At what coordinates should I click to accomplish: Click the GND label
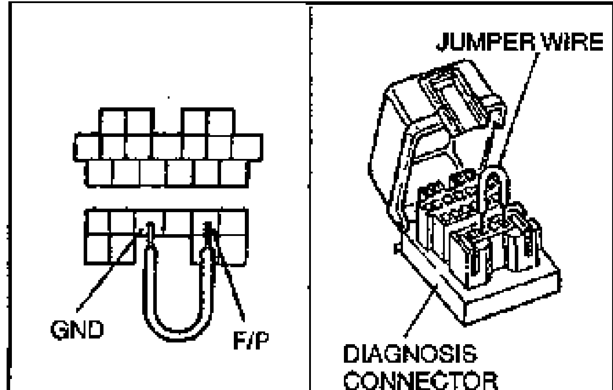tap(77, 330)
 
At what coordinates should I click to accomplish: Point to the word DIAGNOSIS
tap(410, 353)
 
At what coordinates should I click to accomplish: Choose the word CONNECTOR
tap(421, 380)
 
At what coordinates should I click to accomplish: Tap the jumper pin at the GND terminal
tap(150, 234)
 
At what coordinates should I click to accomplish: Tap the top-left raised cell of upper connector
tap(113, 122)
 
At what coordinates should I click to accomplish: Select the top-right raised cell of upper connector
tap(220, 122)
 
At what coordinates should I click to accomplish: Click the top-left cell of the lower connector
tap(98, 223)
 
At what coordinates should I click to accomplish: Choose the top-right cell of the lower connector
tap(233, 223)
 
